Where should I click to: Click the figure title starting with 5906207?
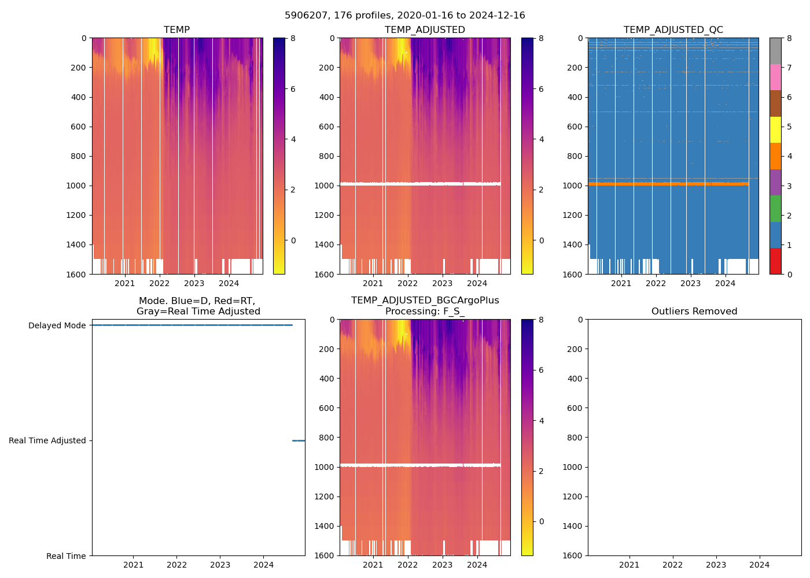click(405, 16)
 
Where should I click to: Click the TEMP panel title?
click(176, 29)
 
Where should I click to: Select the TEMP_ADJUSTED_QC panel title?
click(673, 29)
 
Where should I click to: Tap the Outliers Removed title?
click(694, 311)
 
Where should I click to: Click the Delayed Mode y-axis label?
click(57, 325)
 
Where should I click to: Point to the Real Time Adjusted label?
click(47, 440)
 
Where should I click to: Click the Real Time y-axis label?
click(66, 556)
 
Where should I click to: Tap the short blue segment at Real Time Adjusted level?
click(299, 440)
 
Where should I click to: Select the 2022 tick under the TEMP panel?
click(160, 283)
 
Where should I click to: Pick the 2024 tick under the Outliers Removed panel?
click(759, 565)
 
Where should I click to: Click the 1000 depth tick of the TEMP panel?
click(76, 186)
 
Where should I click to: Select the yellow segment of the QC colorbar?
click(775, 129)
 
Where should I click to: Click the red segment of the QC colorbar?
click(775, 261)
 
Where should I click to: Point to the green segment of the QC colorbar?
click(775, 208)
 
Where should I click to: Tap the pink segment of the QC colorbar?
click(775, 77)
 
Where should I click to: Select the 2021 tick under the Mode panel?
click(133, 565)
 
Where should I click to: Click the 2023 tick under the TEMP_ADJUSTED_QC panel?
click(690, 283)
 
